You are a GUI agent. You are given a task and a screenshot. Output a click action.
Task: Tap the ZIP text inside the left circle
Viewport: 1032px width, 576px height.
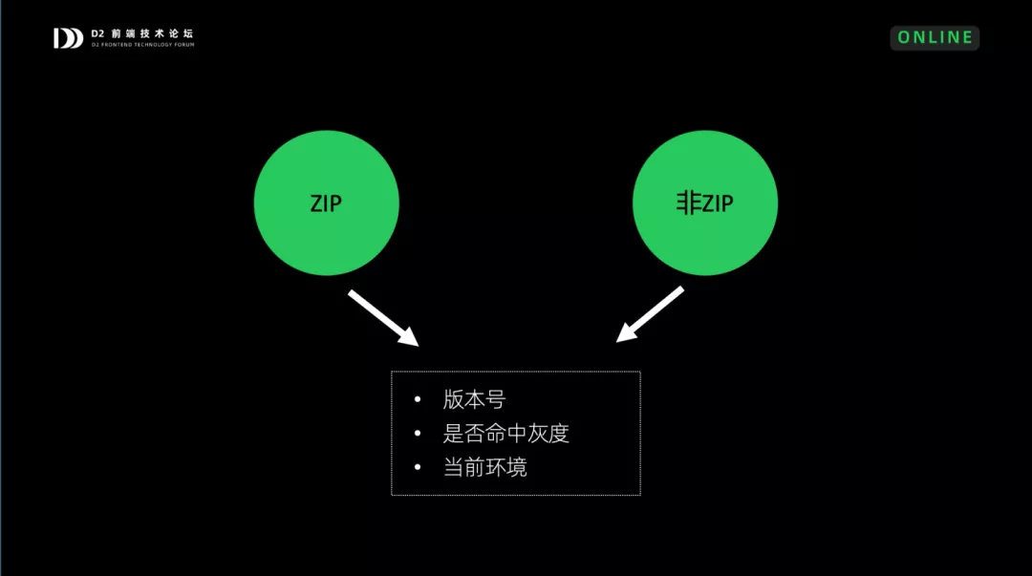(x=326, y=203)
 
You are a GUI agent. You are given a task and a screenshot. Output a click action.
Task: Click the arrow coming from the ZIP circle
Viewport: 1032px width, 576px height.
(x=382, y=317)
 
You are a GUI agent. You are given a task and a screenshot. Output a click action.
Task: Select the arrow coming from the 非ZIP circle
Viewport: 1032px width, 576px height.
(x=650, y=314)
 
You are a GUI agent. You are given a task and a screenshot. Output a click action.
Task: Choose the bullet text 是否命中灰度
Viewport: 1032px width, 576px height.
(x=505, y=434)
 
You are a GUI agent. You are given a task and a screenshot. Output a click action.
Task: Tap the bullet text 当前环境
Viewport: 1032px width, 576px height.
(x=484, y=467)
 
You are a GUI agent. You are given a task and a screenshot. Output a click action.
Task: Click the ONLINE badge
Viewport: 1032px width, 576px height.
(x=935, y=37)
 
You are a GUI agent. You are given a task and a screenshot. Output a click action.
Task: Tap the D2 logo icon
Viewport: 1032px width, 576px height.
(x=68, y=38)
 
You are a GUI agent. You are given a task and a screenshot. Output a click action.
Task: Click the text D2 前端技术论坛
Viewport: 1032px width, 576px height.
(x=142, y=33)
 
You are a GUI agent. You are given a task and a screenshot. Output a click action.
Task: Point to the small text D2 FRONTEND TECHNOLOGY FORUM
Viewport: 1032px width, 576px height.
(x=142, y=45)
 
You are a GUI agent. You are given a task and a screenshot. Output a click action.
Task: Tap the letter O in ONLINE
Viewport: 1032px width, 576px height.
(x=904, y=37)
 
